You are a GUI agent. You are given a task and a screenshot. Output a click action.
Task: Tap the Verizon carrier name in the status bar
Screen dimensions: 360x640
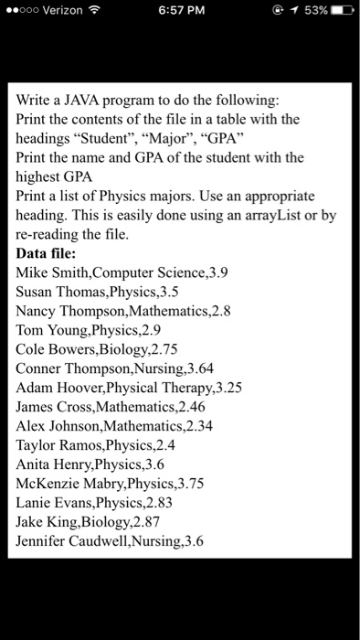pyautogui.click(x=57, y=10)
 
